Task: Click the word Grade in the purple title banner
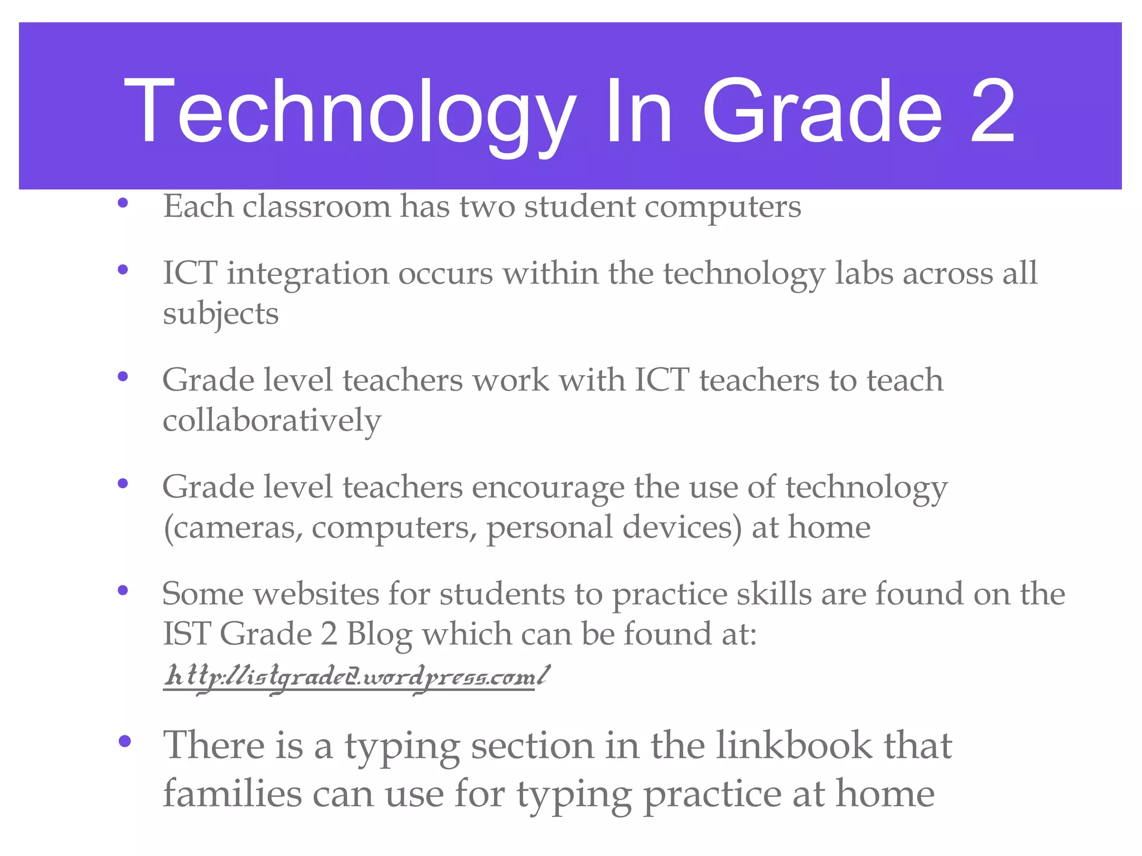(x=822, y=111)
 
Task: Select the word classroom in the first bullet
(x=316, y=206)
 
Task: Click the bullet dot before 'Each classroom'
(x=123, y=203)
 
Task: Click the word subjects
(x=220, y=314)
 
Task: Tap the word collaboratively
(x=272, y=420)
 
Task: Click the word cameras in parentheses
(x=234, y=528)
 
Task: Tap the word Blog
(x=379, y=635)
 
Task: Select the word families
(x=232, y=794)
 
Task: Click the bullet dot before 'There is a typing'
(x=124, y=741)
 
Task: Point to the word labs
(x=863, y=274)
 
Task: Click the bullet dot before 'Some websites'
(x=123, y=590)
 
